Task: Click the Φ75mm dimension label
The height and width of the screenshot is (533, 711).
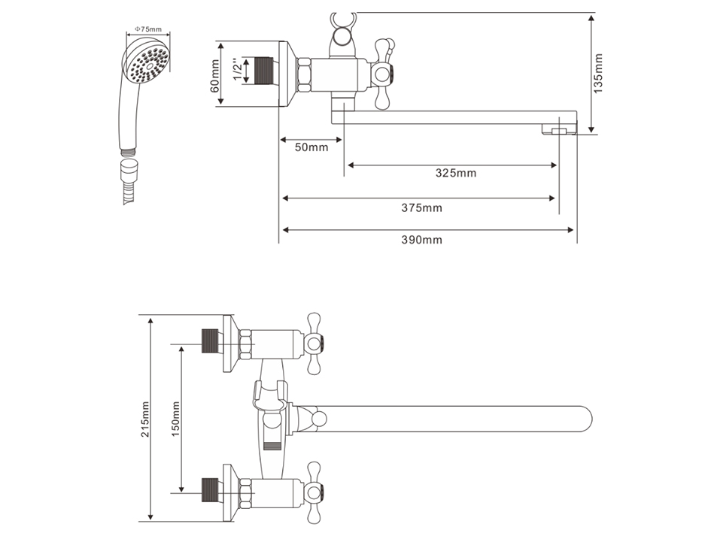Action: (x=147, y=29)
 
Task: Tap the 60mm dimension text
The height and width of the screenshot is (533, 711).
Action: (x=215, y=76)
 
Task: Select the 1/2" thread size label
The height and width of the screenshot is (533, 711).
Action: (x=238, y=69)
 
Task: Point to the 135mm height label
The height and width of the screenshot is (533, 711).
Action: (x=599, y=74)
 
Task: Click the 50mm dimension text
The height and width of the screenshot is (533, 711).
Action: (x=311, y=147)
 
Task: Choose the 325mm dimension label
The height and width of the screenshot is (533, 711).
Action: (x=456, y=173)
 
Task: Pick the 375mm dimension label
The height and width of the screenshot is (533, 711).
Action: (x=421, y=207)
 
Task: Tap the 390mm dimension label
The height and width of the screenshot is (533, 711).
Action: (x=421, y=239)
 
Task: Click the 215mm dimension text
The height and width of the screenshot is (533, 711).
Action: (x=145, y=419)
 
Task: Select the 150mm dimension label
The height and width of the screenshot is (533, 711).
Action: (x=175, y=419)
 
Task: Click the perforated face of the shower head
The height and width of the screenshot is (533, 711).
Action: (x=147, y=65)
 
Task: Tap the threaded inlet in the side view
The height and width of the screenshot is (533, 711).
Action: (x=263, y=71)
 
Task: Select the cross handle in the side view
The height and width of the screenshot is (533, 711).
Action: (x=384, y=74)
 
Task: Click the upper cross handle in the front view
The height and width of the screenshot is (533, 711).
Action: (x=313, y=344)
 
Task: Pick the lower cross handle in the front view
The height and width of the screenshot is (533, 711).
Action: (x=313, y=492)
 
